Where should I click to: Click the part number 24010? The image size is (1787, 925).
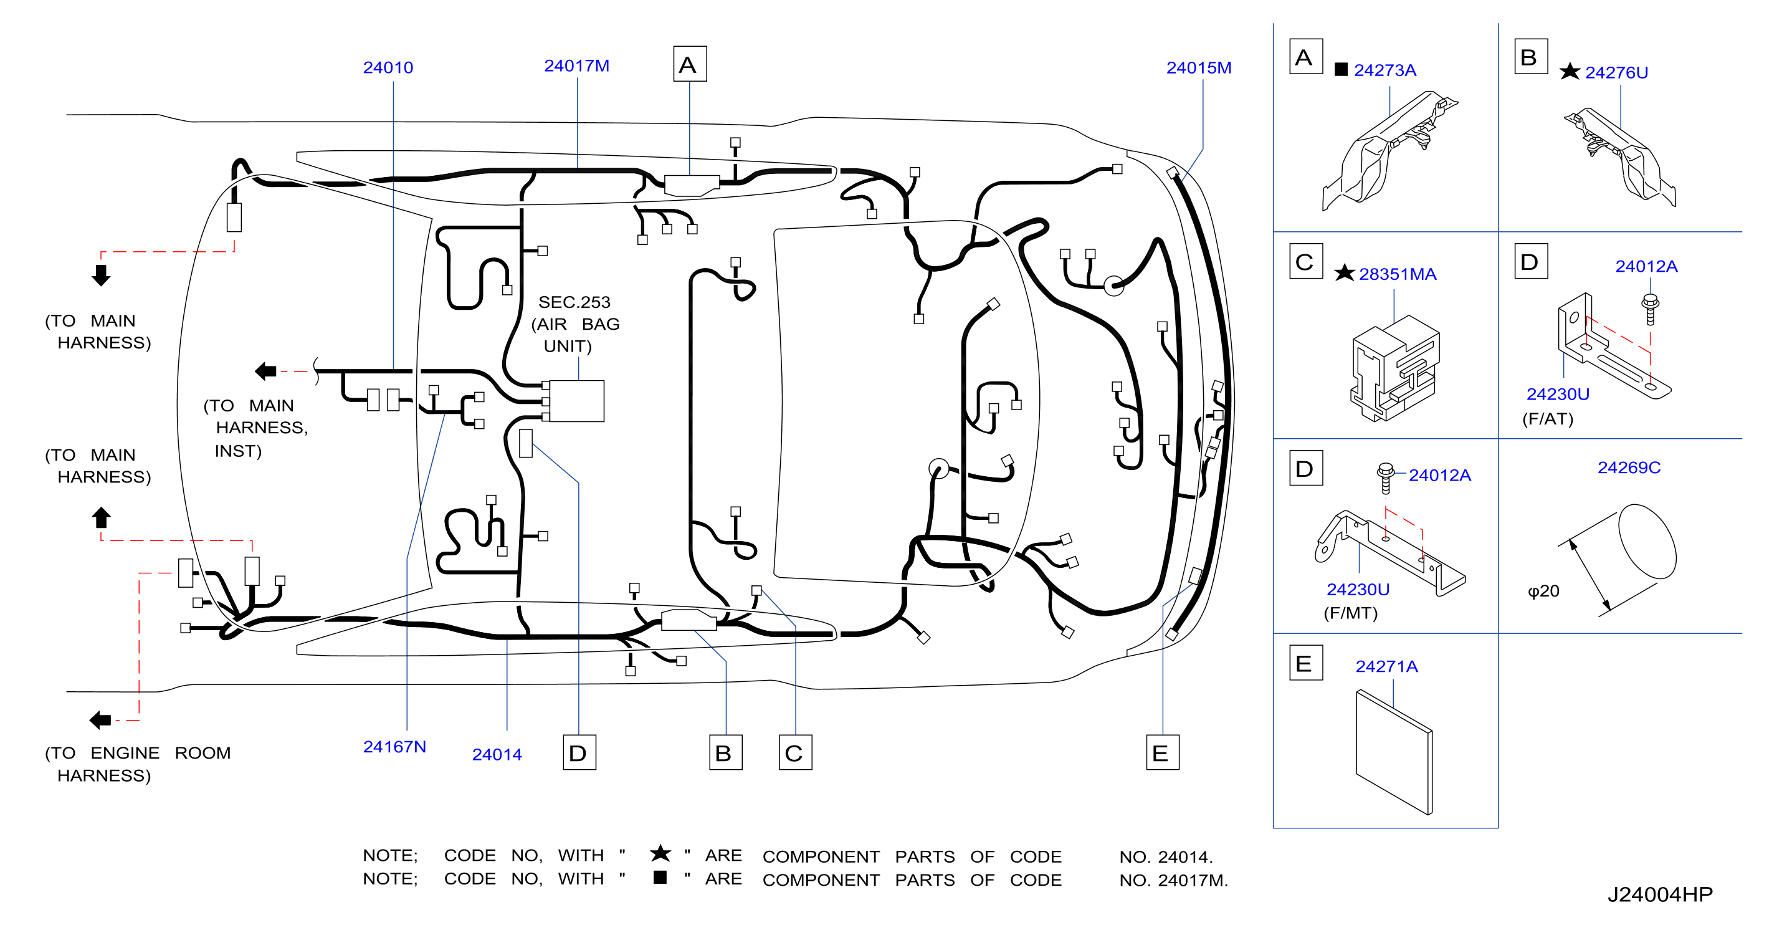click(388, 67)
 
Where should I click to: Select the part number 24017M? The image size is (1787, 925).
click(576, 65)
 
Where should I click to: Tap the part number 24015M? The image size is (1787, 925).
click(1199, 67)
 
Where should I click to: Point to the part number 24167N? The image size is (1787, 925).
click(394, 747)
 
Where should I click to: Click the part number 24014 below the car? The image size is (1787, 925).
click(497, 754)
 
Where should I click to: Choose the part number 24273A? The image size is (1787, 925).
click(1384, 70)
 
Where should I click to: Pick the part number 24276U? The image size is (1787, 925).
click(1616, 72)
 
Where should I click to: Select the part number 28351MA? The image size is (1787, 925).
click(1397, 274)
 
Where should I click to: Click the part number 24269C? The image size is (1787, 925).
click(1629, 467)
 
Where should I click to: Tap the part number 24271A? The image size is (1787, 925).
click(1386, 666)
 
